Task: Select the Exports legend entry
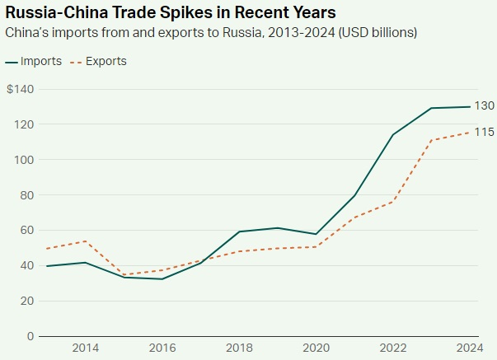pos(96,62)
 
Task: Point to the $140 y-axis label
pos(20,89)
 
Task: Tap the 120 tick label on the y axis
pos(24,124)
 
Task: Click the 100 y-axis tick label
pos(24,160)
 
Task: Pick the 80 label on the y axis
pos(26,195)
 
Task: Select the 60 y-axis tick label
pos(26,231)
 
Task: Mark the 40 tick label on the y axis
pos(26,265)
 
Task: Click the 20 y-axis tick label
pos(26,301)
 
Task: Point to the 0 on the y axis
pos(30,336)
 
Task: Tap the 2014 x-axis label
pos(85,348)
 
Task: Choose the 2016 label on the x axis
pos(162,348)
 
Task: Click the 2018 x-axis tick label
pos(240,348)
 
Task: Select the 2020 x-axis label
pos(316,348)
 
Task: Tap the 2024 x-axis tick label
pos(470,348)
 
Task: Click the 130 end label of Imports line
pos(485,106)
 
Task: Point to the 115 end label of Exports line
pos(485,133)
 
